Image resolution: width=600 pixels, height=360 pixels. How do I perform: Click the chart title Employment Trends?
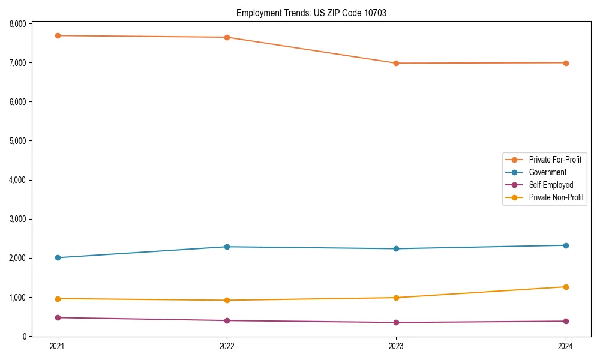pyautogui.click(x=311, y=13)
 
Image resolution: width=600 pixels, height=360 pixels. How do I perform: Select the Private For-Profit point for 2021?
pyautogui.click(x=58, y=35)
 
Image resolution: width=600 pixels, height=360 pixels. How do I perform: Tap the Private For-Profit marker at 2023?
pyautogui.click(x=396, y=63)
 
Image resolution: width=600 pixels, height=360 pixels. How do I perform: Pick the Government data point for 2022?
pyautogui.click(x=227, y=247)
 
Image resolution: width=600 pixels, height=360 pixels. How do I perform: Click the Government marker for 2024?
pyautogui.click(x=566, y=245)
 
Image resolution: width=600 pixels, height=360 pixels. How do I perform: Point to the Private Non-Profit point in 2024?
pyautogui.click(x=566, y=287)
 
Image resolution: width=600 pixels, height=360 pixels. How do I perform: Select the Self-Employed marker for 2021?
pyautogui.click(x=58, y=317)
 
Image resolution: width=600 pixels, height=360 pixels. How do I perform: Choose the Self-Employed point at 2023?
pyautogui.click(x=396, y=322)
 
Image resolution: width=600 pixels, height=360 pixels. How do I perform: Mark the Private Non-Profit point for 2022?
pyautogui.click(x=227, y=300)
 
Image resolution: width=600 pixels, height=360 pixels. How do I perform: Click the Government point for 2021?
pyautogui.click(x=58, y=257)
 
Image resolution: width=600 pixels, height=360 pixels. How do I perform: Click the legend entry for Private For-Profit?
pyautogui.click(x=555, y=160)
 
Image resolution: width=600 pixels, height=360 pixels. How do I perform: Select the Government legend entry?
pyautogui.click(x=547, y=172)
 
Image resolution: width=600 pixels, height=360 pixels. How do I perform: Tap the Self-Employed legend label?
pyautogui.click(x=551, y=185)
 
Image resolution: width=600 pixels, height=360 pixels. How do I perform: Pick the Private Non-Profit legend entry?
pyautogui.click(x=556, y=197)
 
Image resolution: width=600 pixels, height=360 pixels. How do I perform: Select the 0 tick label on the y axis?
pyautogui.click(x=25, y=337)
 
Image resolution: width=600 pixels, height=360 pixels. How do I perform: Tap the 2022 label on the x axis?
pyautogui.click(x=227, y=346)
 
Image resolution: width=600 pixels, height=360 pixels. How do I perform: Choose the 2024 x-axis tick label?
pyautogui.click(x=566, y=346)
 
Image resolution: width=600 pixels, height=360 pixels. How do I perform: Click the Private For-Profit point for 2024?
pyautogui.click(x=566, y=63)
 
